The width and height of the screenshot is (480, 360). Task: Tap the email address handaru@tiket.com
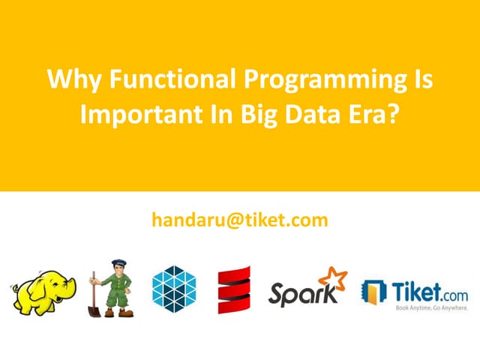pyautogui.click(x=240, y=220)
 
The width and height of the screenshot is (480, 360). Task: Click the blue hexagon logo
pyautogui.click(x=173, y=288)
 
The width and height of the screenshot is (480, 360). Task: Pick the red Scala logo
pyautogui.click(x=234, y=289)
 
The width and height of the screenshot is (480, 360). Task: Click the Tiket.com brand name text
pyautogui.click(x=428, y=287)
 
